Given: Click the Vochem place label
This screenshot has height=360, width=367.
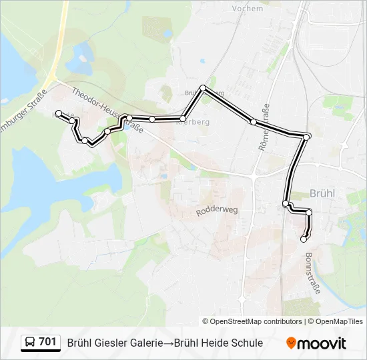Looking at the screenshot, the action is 248,9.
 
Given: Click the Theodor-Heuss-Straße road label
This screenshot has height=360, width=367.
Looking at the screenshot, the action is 107,110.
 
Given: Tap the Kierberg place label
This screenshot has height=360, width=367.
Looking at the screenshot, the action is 195,122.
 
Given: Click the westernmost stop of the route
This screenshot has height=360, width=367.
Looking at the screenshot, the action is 59,113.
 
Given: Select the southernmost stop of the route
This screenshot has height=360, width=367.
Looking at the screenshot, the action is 304,239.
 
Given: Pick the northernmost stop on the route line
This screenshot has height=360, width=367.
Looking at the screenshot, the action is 203,88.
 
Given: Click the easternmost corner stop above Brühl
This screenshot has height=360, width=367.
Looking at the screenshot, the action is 306,137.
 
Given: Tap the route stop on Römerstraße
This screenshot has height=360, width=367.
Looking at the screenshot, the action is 254,121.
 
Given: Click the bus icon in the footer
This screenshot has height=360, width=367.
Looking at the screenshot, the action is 30,343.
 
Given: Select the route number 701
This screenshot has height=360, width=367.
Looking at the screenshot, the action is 47,343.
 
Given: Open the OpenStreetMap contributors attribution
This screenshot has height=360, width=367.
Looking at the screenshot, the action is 256,321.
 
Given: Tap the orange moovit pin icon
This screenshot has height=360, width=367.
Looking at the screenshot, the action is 291,343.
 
